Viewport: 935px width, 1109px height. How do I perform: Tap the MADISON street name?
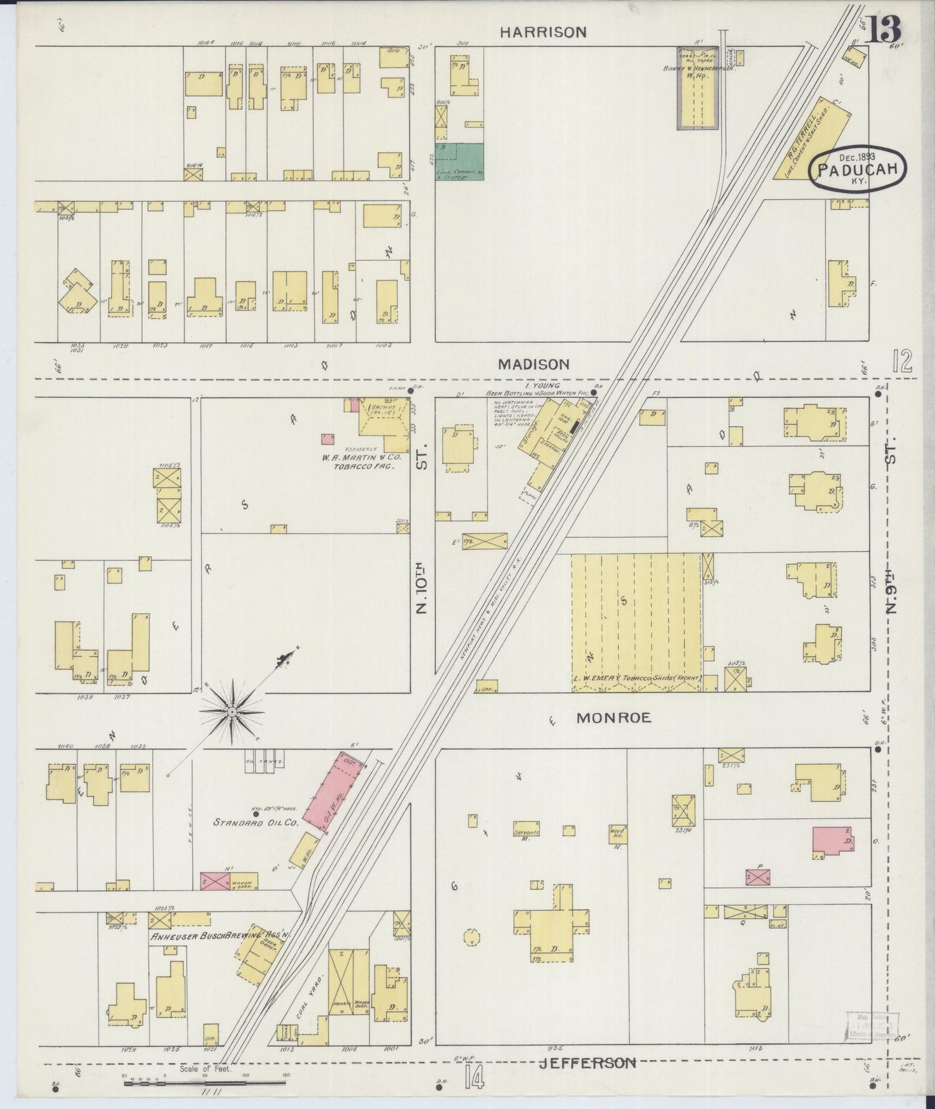(534, 365)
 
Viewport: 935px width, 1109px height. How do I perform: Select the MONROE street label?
(613, 718)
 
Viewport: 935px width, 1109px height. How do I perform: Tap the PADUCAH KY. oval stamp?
(858, 170)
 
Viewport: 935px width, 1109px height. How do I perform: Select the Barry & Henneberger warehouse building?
(698, 89)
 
